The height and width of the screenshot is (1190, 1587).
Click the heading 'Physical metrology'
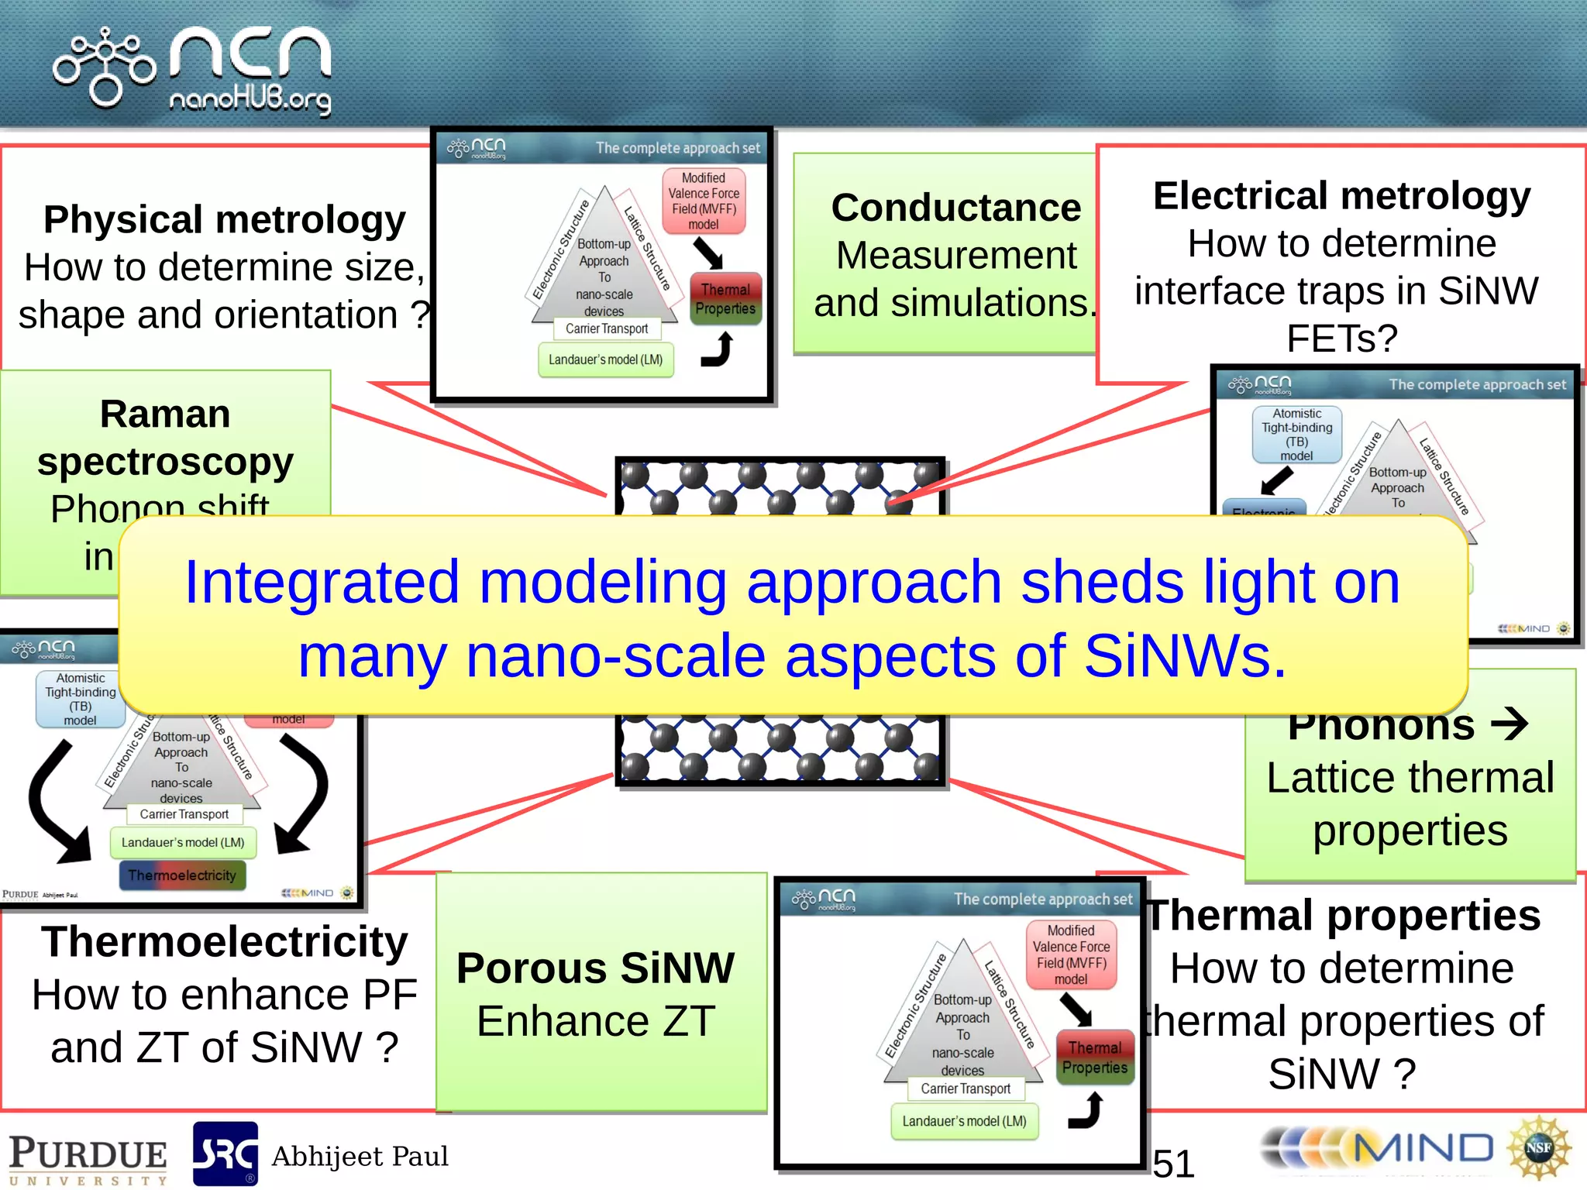[x=224, y=220]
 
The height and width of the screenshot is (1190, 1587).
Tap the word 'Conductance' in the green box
[x=955, y=208]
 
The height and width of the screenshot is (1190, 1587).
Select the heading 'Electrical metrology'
[x=1341, y=196]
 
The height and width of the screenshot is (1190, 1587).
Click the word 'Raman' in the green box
[x=165, y=414]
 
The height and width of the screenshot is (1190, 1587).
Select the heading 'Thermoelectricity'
[x=224, y=942]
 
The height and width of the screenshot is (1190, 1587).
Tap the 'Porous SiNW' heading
[x=595, y=968]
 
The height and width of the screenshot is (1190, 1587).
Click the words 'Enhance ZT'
[x=595, y=1021]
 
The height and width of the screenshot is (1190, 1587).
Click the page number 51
[x=1173, y=1163]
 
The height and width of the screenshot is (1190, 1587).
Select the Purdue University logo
[x=88, y=1159]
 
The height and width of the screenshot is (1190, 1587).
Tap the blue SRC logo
[x=225, y=1154]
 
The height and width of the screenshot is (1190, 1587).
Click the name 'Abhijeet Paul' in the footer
[x=360, y=1156]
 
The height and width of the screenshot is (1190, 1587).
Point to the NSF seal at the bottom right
[x=1538, y=1148]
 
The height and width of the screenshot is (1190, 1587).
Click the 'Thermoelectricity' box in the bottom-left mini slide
[x=182, y=875]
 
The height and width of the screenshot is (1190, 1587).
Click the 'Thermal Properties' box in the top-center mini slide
[x=725, y=299]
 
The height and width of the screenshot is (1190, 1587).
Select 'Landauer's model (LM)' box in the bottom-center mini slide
[x=964, y=1121]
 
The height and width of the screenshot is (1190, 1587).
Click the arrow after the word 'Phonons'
[x=1510, y=725]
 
